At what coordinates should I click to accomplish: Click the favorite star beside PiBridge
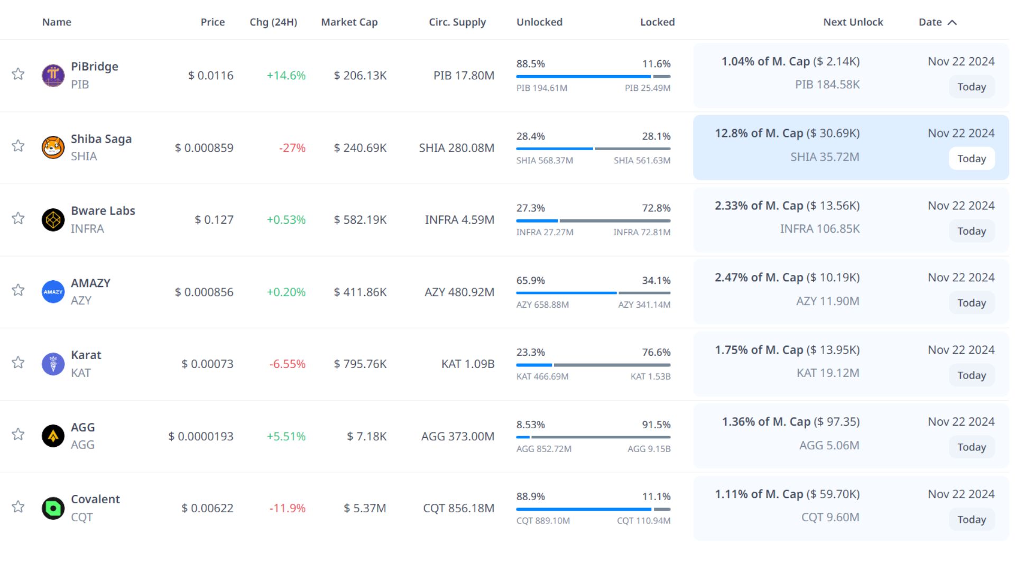[18, 74]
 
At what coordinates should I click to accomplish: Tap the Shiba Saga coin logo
[53, 147]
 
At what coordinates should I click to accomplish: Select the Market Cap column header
[349, 22]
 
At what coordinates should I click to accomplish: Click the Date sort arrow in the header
[952, 22]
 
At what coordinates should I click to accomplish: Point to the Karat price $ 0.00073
[207, 364]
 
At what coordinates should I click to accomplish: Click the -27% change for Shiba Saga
[292, 148]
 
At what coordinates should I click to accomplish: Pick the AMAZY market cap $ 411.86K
[360, 292]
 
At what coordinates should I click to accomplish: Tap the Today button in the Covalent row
[972, 519]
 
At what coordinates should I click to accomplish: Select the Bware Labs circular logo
[53, 219]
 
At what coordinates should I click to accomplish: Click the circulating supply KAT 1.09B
[468, 364]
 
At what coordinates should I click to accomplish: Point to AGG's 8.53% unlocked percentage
[530, 425]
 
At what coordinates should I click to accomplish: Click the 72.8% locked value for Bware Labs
[656, 208]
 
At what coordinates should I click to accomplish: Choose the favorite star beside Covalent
[18, 506]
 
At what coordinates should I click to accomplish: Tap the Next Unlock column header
[853, 22]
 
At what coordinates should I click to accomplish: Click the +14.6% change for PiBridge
[286, 75]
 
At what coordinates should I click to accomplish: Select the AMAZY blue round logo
[53, 292]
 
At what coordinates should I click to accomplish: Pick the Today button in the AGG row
[972, 447]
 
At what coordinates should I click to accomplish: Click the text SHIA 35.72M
[825, 157]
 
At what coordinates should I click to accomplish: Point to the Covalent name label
[95, 499]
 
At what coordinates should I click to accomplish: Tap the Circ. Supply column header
[457, 22]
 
